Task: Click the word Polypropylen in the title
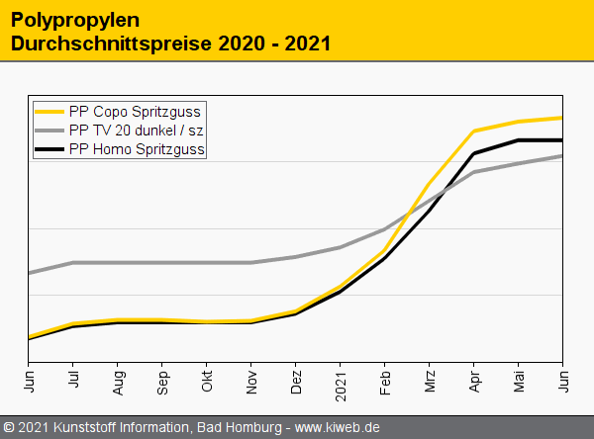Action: (x=74, y=20)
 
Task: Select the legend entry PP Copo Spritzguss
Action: (x=135, y=112)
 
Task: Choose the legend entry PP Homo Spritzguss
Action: (x=137, y=149)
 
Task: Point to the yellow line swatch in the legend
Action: (x=49, y=112)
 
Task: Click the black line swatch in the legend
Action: (x=49, y=149)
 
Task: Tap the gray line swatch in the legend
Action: (x=49, y=131)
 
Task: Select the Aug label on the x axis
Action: (x=118, y=380)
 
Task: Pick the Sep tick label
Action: (x=162, y=380)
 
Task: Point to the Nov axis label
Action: (x=251, y=380)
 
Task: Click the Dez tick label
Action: (x=296, y=380)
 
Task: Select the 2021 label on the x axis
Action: (x=341, y=382)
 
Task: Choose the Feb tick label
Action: (x=385, y=380)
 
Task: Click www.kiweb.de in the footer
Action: (x=338, y=428)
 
